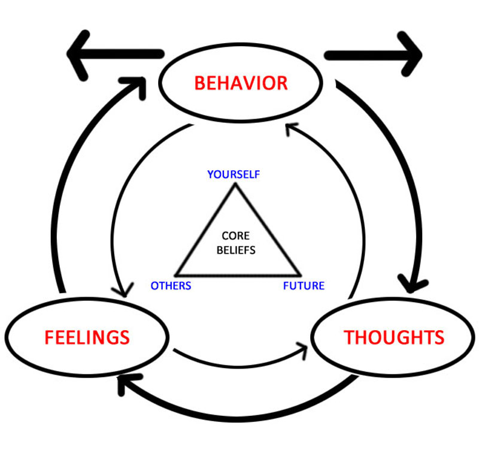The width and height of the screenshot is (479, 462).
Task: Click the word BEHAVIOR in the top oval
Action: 241,83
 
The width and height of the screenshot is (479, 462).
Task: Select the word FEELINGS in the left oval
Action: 87,337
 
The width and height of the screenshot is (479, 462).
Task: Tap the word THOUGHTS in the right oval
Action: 393,337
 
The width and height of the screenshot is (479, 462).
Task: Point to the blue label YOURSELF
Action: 234,174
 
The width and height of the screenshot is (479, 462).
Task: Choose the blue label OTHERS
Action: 171,286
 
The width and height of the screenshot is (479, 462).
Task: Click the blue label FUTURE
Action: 304,286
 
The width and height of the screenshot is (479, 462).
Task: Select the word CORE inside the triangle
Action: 235,237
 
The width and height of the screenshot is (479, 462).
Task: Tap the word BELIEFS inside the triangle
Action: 235,250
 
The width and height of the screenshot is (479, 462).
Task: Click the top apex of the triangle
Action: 235,185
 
